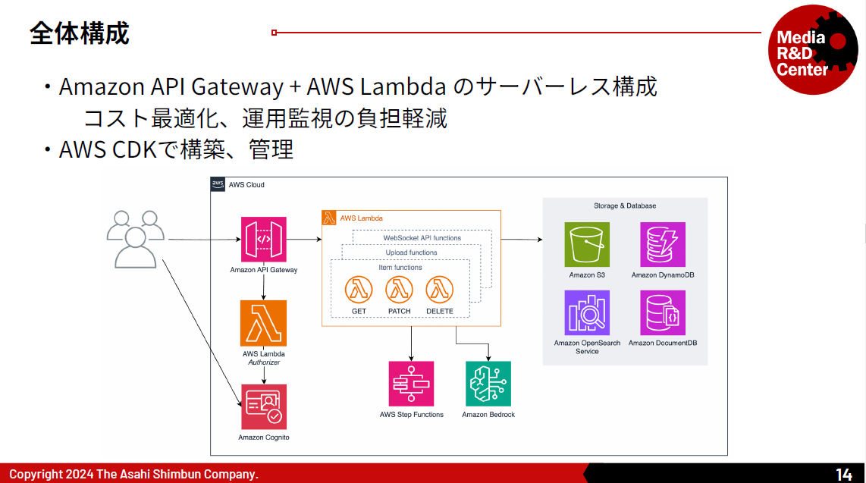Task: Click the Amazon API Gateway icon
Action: pos(263,240)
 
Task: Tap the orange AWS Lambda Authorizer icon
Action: pos(263,324)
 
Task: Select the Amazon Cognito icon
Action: pos(264,407)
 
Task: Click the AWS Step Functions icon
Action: pos(411,384)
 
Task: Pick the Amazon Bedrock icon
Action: pos(488,384)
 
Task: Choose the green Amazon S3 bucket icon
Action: pos(587,245)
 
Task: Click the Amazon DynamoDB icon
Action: pos(662,245)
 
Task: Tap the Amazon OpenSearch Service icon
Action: pos(587,312)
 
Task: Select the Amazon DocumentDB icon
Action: pos(662,312)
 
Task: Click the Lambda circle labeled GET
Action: pos(359,290)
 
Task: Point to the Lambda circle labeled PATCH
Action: pos(399,290)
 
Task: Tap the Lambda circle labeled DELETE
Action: pos(440,290)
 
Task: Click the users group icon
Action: pos(136,239)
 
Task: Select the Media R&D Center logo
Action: pos(811,51)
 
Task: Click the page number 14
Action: pos(843,475)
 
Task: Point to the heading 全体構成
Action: pos(80,33)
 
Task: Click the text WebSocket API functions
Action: pos(422,238)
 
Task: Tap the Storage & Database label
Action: pos(625,205)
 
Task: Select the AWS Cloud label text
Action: pos(246,185)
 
